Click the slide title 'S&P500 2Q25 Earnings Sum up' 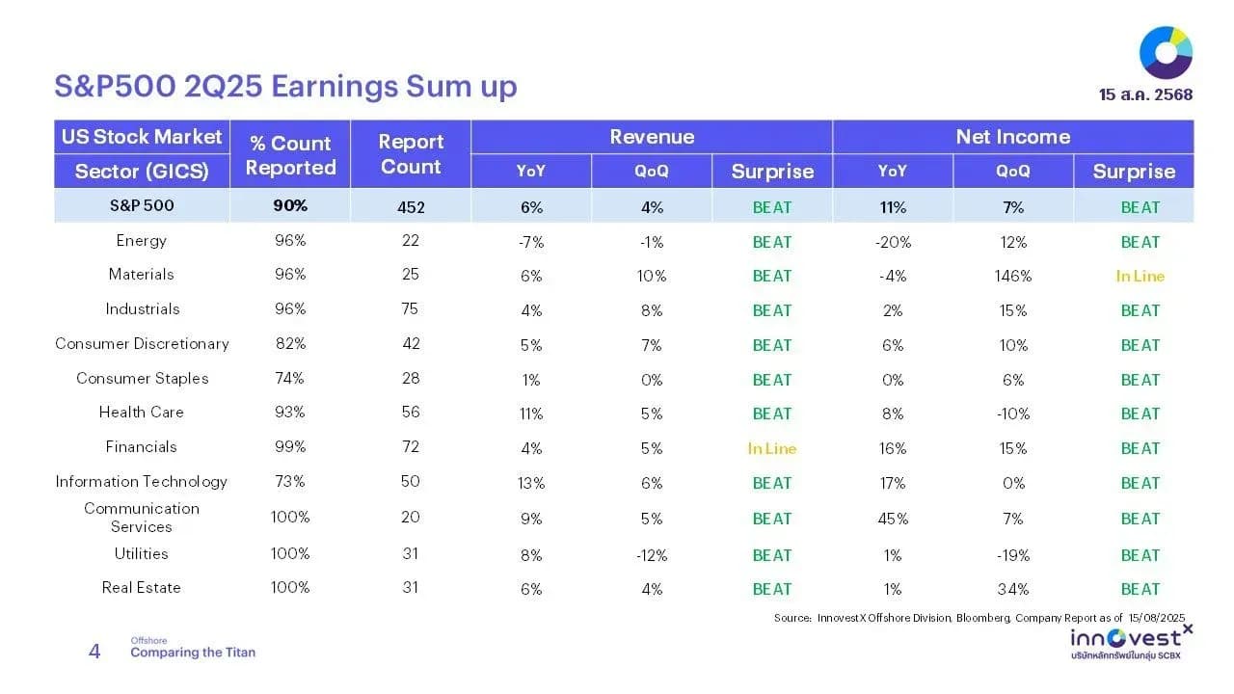click(285, 87)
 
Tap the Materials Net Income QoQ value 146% click(1012, 276)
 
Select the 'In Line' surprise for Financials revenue click(772, 449)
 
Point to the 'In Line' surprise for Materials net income click(1140, 276)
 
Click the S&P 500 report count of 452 click(411, 207)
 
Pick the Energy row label click(141, 241)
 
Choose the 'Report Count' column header click(411, 154)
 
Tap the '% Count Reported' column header click(290, 155)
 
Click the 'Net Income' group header click(1012, 137)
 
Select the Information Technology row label click(141, 482)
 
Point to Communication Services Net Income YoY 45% click(893, 519)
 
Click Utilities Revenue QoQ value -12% click(651, 555)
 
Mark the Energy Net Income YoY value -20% click(893, 242)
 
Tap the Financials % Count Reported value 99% click(290, 446)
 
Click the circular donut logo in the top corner click(1166, 53)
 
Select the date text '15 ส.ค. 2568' click(1145, 94)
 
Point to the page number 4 click(94, 652)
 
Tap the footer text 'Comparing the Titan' click(193, 653)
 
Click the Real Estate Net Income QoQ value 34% click(1012, 589)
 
